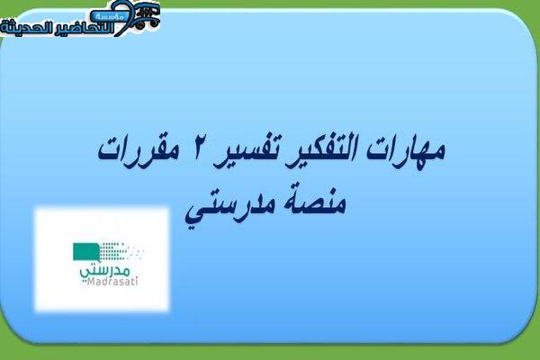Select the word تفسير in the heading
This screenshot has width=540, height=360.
click(x=247, y=154)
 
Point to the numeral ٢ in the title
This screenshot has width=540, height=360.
click(x=194, y=151)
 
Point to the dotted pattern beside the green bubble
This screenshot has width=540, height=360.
click(x=121, y=250)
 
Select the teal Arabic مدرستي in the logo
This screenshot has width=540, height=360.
click(x=105, y=271)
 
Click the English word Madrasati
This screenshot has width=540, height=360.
click(x=112, y=282)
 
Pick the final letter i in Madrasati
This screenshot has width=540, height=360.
click(x=136, y=282)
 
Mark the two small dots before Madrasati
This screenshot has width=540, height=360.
click(x=84, y=283)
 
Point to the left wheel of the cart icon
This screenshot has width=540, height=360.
click(x=140, y=24)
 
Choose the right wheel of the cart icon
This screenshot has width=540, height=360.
click(x=153, y=23)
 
